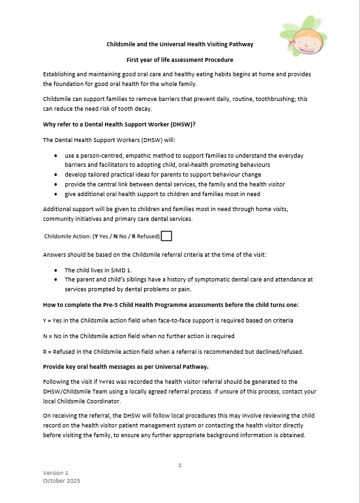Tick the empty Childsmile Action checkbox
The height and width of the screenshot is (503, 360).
coord(166,236)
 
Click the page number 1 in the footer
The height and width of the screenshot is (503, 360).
coord(179,465)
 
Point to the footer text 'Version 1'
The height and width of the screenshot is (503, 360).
coord(55,472)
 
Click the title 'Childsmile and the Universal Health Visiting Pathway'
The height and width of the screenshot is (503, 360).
coord(179,44)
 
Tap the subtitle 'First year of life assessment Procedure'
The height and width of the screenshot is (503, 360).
coord(179,59)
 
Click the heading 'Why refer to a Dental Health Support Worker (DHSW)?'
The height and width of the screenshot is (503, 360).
coord(113,124)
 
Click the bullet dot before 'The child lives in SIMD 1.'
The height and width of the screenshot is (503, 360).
coord(57,270)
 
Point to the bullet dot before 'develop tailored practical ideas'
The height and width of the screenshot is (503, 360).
coord(57,175)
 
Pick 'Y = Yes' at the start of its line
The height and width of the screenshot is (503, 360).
coord(54,321)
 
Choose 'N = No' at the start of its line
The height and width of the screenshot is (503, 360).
coord(53,336)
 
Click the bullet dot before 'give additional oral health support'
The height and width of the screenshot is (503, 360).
coord(57,194)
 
